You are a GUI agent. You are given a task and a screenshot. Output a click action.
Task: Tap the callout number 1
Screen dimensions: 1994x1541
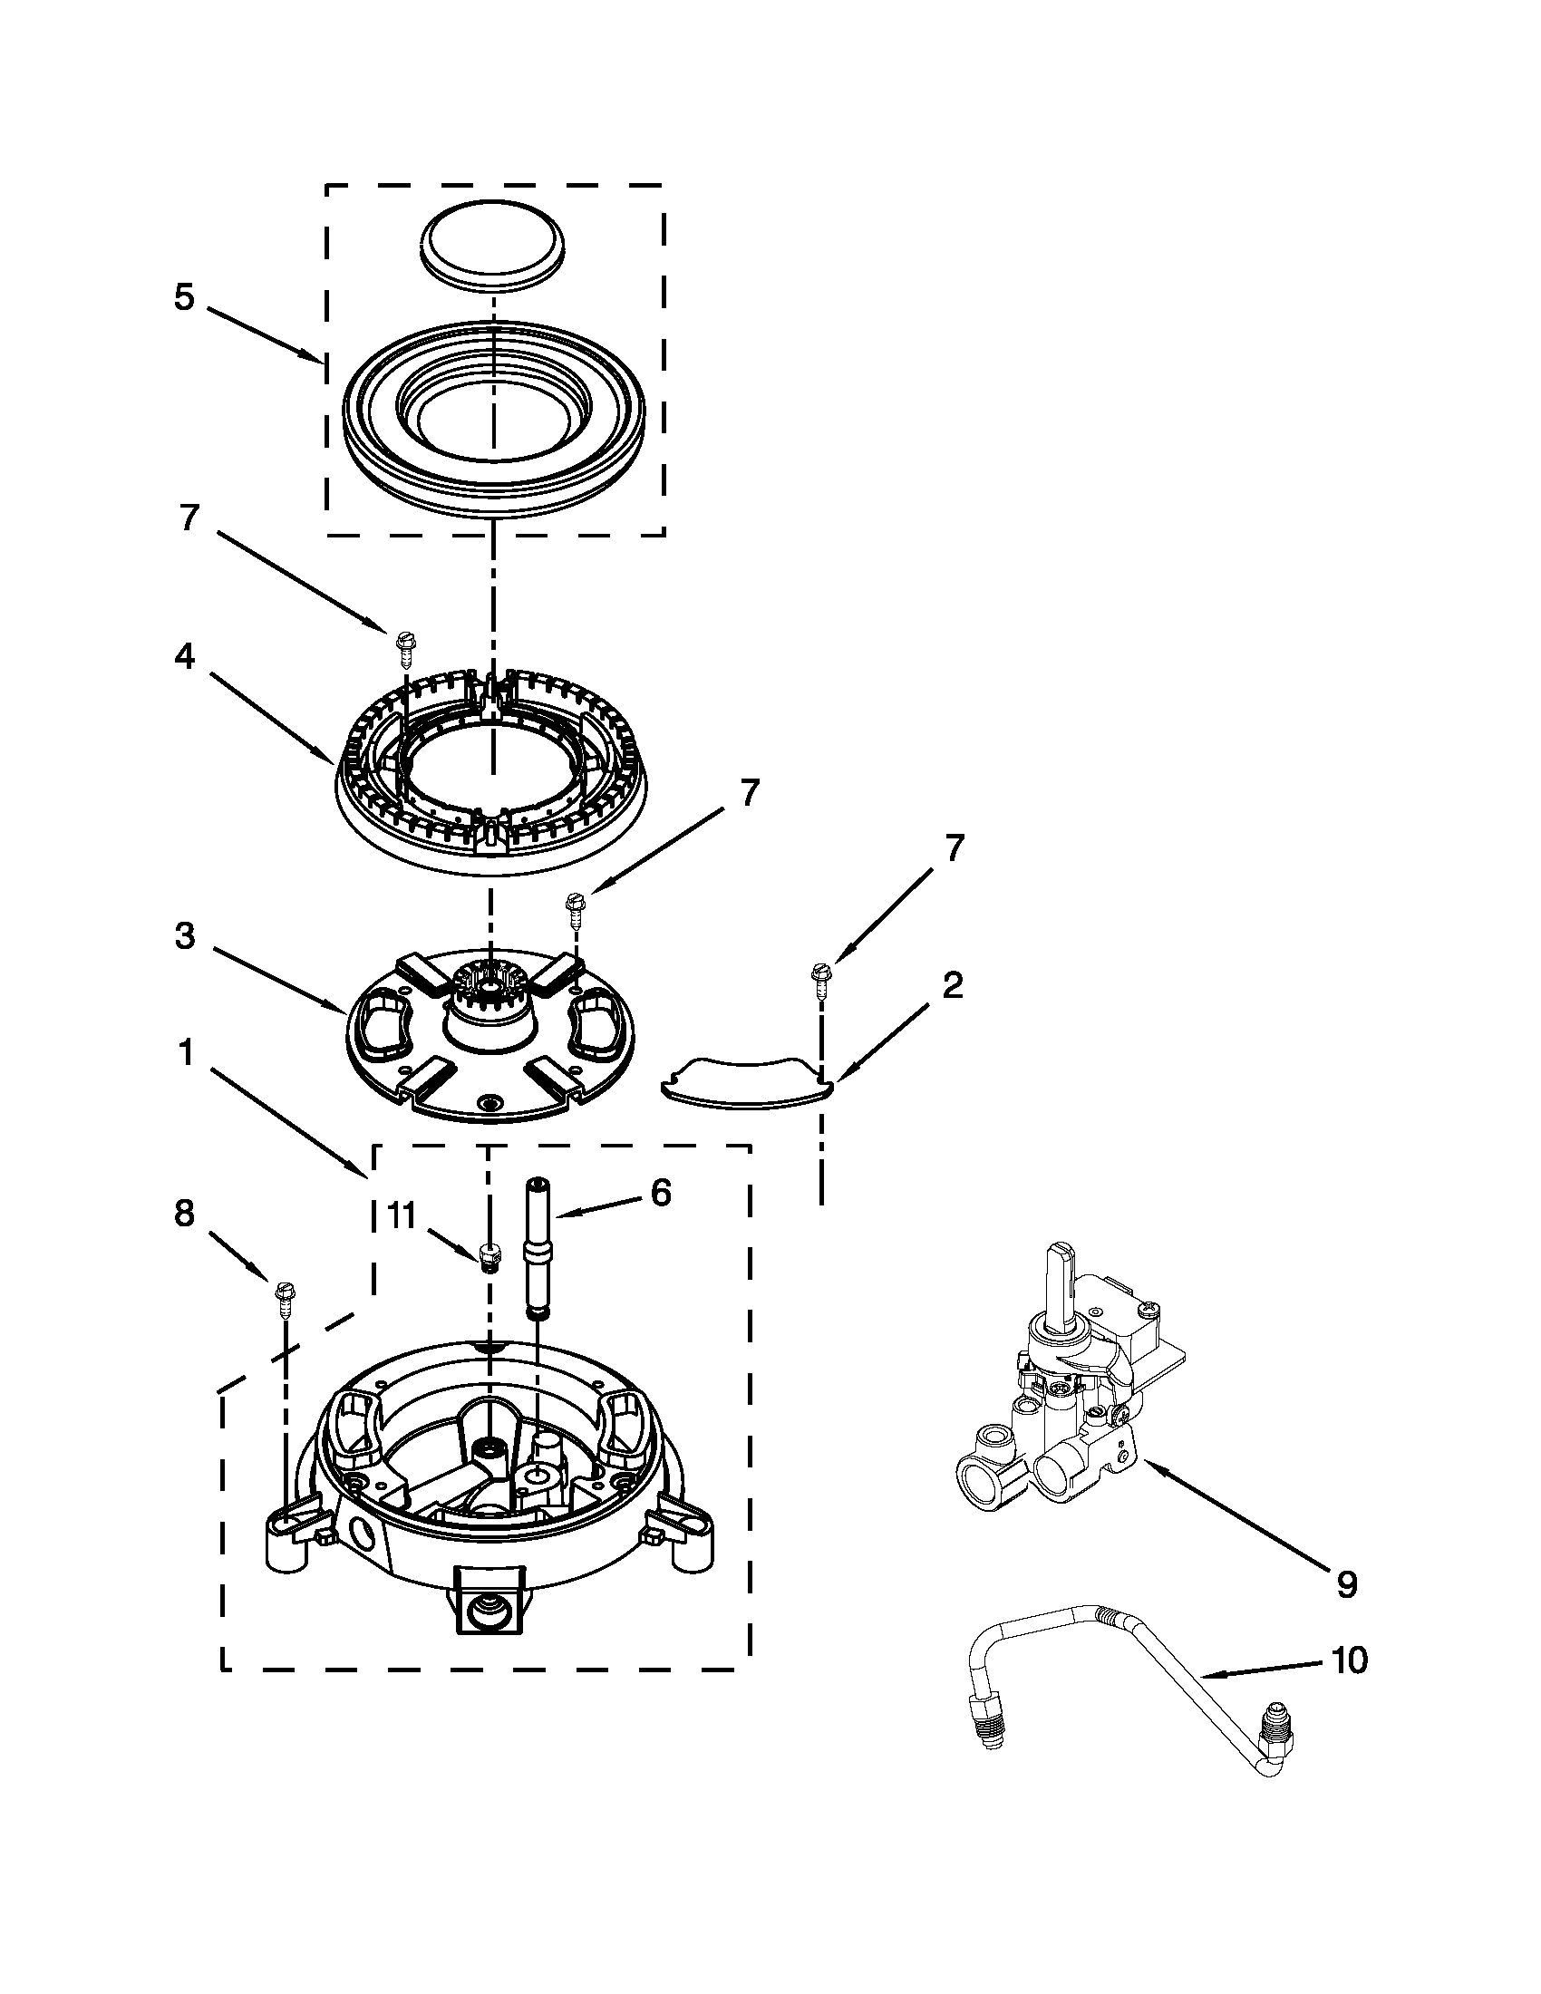point(184,1052)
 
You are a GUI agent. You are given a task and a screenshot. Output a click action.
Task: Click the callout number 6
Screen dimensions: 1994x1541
point(660,1192)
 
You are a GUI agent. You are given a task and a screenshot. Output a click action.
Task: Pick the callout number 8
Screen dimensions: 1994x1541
point(184,1213)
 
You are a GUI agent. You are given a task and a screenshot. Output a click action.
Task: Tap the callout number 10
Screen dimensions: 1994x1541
point(1350,1660)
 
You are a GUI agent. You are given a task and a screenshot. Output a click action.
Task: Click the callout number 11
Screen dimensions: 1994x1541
point(402,1215)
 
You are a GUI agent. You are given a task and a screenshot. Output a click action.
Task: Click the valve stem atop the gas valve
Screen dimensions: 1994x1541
point(1060,1281)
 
